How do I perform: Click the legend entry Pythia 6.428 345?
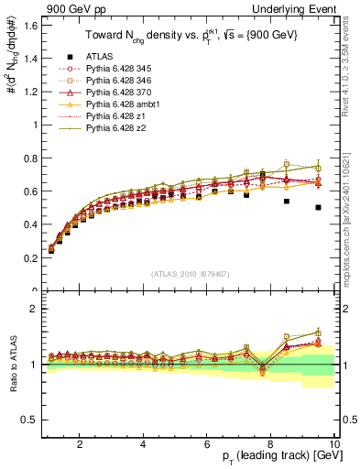point(104,91)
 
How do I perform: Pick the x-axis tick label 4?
point(143,445)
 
